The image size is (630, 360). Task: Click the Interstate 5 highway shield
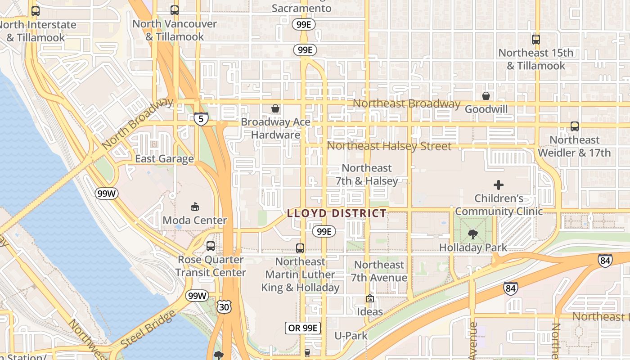pos(201,119)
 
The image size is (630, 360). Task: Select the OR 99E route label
pos(303,328)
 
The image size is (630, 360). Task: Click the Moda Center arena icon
pos(195,207)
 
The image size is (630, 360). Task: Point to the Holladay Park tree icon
pos(472,234)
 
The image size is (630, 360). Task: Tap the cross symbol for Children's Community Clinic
pos(498,184)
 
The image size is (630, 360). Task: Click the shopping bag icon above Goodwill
pos(486,95)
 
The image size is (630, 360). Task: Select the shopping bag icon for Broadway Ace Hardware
pos(275,108)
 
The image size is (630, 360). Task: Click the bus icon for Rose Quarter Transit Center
pos(210,246)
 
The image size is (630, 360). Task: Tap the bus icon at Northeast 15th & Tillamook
pos(535,39)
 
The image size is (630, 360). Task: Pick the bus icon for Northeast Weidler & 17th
pos(574,126)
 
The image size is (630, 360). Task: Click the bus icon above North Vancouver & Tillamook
pos(175,10)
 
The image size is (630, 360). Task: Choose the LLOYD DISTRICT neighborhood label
pos(337,213)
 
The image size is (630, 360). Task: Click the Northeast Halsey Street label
pos(389,146)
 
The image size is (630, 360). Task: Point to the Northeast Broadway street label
pos(406,103)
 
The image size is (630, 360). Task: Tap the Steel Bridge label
pos(148,328)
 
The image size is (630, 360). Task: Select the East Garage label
pos(164,158)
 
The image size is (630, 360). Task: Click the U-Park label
pos(351,335)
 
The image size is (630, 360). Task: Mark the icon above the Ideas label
pos(369,298)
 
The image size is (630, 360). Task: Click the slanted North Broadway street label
pos(137,124)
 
